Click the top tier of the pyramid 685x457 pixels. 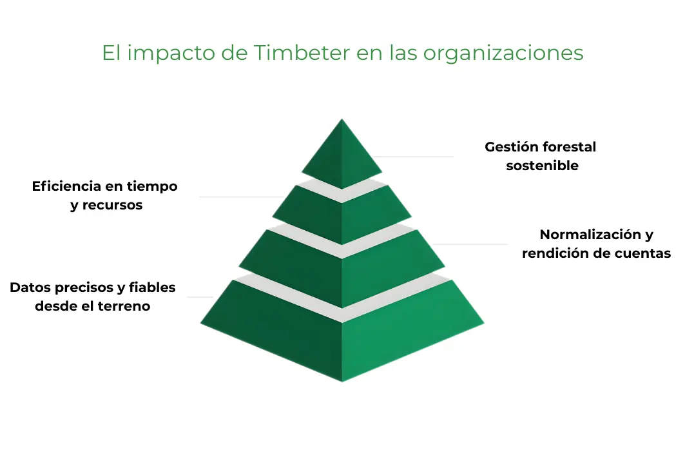point(342,155)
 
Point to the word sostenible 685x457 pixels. point(542,166)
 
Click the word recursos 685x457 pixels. point(112,206)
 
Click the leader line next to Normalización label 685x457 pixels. point(470,244)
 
